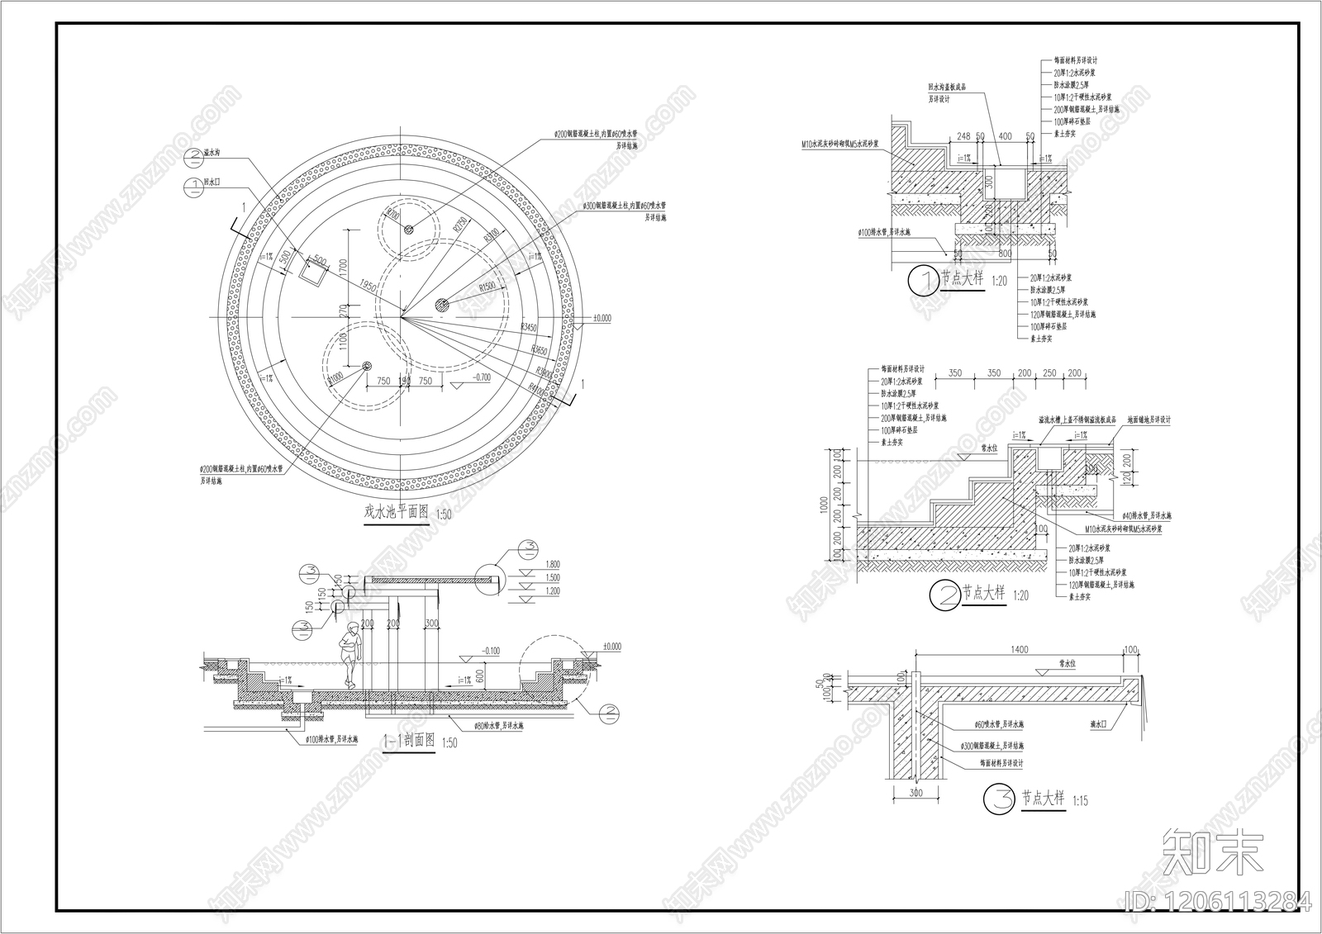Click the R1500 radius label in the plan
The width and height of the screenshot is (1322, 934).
pos(488,286)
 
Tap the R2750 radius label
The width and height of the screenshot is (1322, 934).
pos(459,223)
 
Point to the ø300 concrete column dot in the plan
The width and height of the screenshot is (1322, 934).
pos(441,305)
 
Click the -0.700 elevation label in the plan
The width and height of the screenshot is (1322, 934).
pos(478,377)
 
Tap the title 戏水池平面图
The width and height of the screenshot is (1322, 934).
pos(397,512)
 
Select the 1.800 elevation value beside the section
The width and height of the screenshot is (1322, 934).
pos(553,565)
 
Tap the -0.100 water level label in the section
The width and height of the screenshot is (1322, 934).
pos(489,651)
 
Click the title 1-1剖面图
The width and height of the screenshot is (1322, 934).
pos(408,740)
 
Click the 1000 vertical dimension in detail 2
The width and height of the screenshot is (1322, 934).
pos(823,505)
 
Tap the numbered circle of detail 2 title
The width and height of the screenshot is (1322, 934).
pos(944,595)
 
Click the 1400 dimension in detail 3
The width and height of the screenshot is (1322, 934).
pos(1020,650)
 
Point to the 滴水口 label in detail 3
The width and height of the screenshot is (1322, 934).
pos(1100,724)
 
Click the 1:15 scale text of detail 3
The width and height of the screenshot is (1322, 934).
pos(1080,800)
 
